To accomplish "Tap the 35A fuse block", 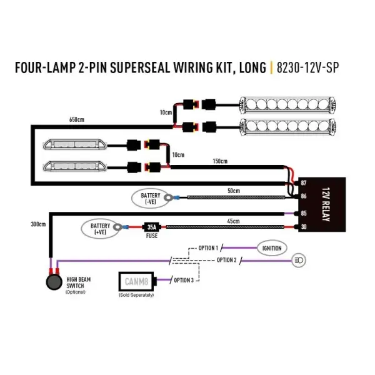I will pyautogui.click(x=151, y=227).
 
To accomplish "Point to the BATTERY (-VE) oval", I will pyautogui.click(x=151, y=199).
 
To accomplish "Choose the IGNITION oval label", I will pyautogui.click(x=272, y=248).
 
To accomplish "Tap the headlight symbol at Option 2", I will pyautogui.click(x=298, y=258).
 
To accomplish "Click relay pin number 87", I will pyautogui.click(x=304, y=182).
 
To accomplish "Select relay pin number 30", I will pyautogui.click(x=304, y=227).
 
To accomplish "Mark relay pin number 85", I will pyautogui.click(x=304, y=213).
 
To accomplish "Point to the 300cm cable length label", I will pyautogui.click(x=38, y=224).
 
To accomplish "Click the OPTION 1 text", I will pyautogui.click(x=208, y=248).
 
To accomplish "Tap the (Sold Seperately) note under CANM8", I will pyautogui.click(x=136, y=295).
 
